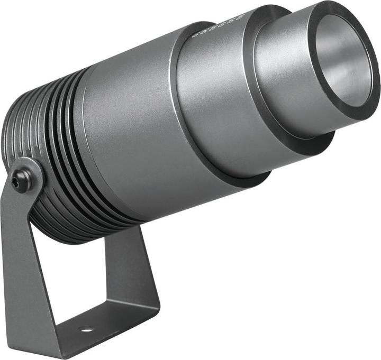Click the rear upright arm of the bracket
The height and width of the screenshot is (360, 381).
[x=127, y=259]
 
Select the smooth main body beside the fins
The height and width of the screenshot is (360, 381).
[x=132, y=137]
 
